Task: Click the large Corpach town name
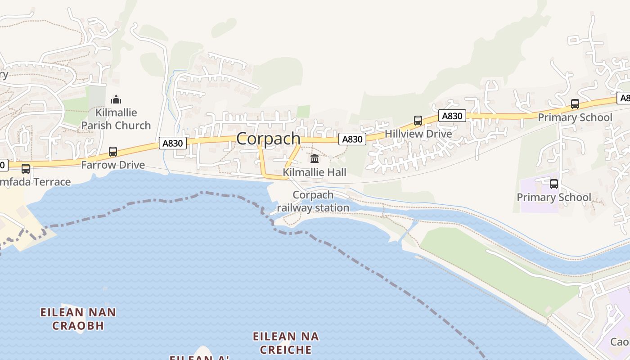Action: [268, 139]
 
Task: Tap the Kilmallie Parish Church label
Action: [116, 119]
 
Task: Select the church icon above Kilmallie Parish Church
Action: [116, 99]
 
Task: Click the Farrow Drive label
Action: [113, 165]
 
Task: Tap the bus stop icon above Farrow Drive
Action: [113, 152]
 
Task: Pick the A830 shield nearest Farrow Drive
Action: [172, 144]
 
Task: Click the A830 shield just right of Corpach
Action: [352, 139]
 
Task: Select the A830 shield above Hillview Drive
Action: [452, 116]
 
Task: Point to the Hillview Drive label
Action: [418, 134]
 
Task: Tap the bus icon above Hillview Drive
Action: [418, 121]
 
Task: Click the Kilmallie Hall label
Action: [315, 172]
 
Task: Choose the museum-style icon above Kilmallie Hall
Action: [315, 159]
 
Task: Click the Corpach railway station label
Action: [313, 201]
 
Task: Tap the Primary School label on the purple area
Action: [553, 198]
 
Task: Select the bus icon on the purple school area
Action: [553, 184]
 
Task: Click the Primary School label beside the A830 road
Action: [575, 118]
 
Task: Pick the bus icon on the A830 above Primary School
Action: [575, 104]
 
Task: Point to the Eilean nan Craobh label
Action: [78, 319]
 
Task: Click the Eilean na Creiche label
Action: [286, 343]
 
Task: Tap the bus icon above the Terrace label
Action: [26, 169]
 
